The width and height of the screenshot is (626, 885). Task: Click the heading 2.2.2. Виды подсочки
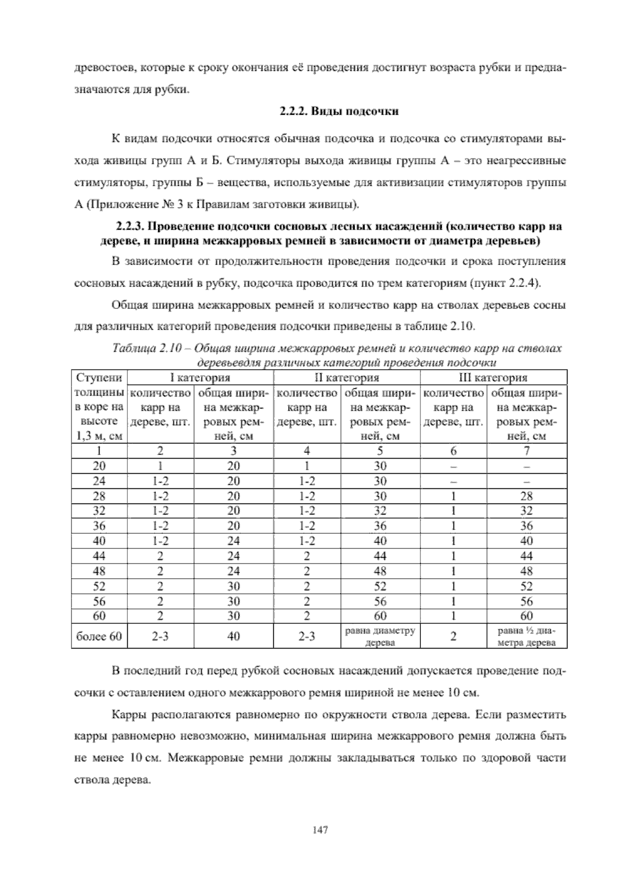[x=339, y=111]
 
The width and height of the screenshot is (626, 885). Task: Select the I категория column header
[x=200, y=377]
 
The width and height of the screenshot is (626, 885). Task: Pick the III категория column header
[x=493, y=377]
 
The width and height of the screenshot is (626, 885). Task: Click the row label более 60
[x=99, y=636]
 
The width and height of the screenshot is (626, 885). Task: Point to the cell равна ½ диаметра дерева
[x=526, y=636]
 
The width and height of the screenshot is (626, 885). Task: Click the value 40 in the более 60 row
[x=234, y=636]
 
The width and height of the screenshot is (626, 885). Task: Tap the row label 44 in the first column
[x=99, y=556]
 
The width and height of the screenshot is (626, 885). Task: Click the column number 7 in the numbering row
[x=526, y=451]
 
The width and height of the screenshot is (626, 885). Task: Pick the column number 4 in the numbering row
[x=307, y=451]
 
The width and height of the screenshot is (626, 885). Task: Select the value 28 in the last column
[x=526, y=496]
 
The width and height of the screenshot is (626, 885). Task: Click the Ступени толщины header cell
[x=99, y=406]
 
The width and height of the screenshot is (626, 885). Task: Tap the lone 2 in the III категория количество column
[x=453, y=636]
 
